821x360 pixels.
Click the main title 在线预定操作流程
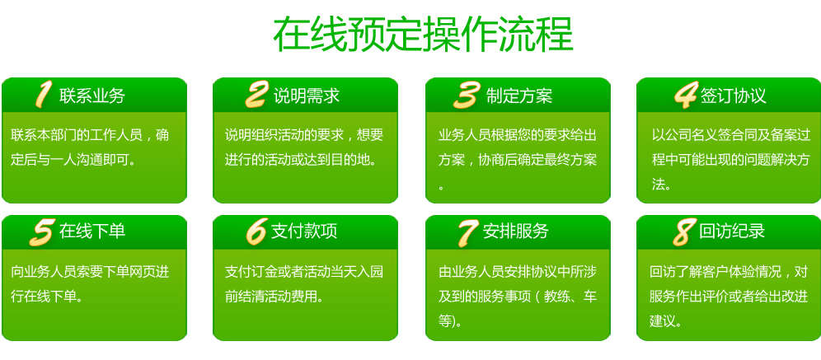[423, 35]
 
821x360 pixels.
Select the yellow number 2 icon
[257, 95]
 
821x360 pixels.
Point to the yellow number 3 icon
[467, 96]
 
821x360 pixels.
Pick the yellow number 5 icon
[42, 232]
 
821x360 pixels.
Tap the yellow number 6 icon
[256, 231]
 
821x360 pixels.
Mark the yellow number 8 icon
[684, 232]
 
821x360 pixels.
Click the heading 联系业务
[92, 96]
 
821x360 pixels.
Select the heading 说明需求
[307, 96]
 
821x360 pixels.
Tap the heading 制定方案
[519, 96]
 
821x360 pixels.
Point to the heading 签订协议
[734, 96]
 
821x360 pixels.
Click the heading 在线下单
[92, 231]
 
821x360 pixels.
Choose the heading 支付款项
[304, 231]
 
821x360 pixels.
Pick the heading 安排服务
[516, 231]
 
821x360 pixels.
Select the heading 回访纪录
[732, 231]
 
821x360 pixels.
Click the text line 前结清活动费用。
[274, 297]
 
